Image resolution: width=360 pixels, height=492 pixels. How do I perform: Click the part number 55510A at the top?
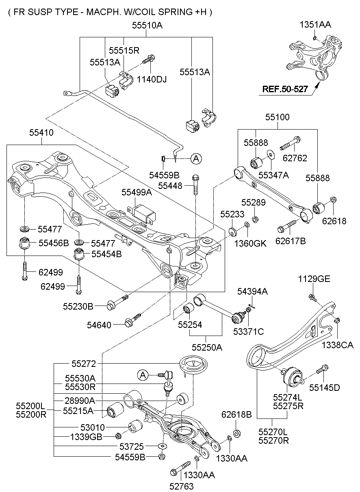pyautogui.click(x=147, y=25)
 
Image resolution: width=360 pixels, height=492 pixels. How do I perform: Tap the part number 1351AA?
pyautogui.click(x=315, y=24)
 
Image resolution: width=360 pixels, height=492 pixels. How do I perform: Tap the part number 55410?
pyautogui.click(x=41, y=132)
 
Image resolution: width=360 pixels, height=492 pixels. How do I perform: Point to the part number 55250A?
pyautogui.click(x=207, y=347)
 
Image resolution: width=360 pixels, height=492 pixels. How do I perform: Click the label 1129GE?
pyautogui.click(x=314, y=279)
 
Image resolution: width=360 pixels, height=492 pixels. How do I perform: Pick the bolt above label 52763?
pyautogui.click(x=180, y=467)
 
